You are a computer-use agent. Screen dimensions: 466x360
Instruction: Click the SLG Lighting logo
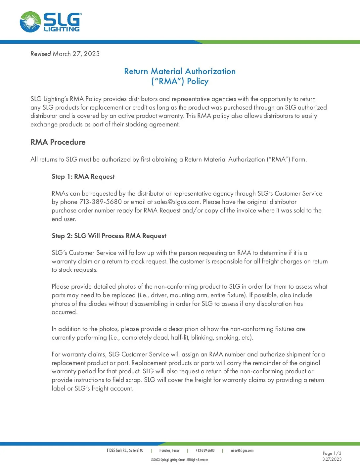tap(50, 22)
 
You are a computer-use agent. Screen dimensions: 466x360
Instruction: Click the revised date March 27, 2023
tap(76, 54)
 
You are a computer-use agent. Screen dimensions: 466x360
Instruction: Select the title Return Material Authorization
tap(180, 71)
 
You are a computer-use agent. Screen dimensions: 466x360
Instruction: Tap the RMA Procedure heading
tap(58, 142)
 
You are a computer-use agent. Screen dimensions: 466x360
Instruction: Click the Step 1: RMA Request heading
tap(83, 176)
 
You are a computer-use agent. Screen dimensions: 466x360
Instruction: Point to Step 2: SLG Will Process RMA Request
tap(109, 236)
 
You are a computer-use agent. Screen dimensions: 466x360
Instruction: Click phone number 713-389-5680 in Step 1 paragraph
tap(101, 202)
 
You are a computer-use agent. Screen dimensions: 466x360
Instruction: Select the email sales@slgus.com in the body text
tap(177, 202)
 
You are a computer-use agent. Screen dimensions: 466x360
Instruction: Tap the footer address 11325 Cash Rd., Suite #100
tap(125, 450)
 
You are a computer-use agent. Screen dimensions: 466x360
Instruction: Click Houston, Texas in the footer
tap(169, 450)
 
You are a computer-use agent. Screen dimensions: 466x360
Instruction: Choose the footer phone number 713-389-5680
tap(205, 450)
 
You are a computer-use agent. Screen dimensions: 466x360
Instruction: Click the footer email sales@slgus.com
tap(242, 450)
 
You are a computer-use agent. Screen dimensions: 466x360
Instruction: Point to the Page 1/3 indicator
tap(332, 453)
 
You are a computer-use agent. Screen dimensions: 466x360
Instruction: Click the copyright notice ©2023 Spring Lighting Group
tap(180, 460)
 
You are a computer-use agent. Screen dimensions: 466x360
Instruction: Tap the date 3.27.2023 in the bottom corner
tap(332, 459)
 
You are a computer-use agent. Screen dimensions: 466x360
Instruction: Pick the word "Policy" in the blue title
tap(198, 81)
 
